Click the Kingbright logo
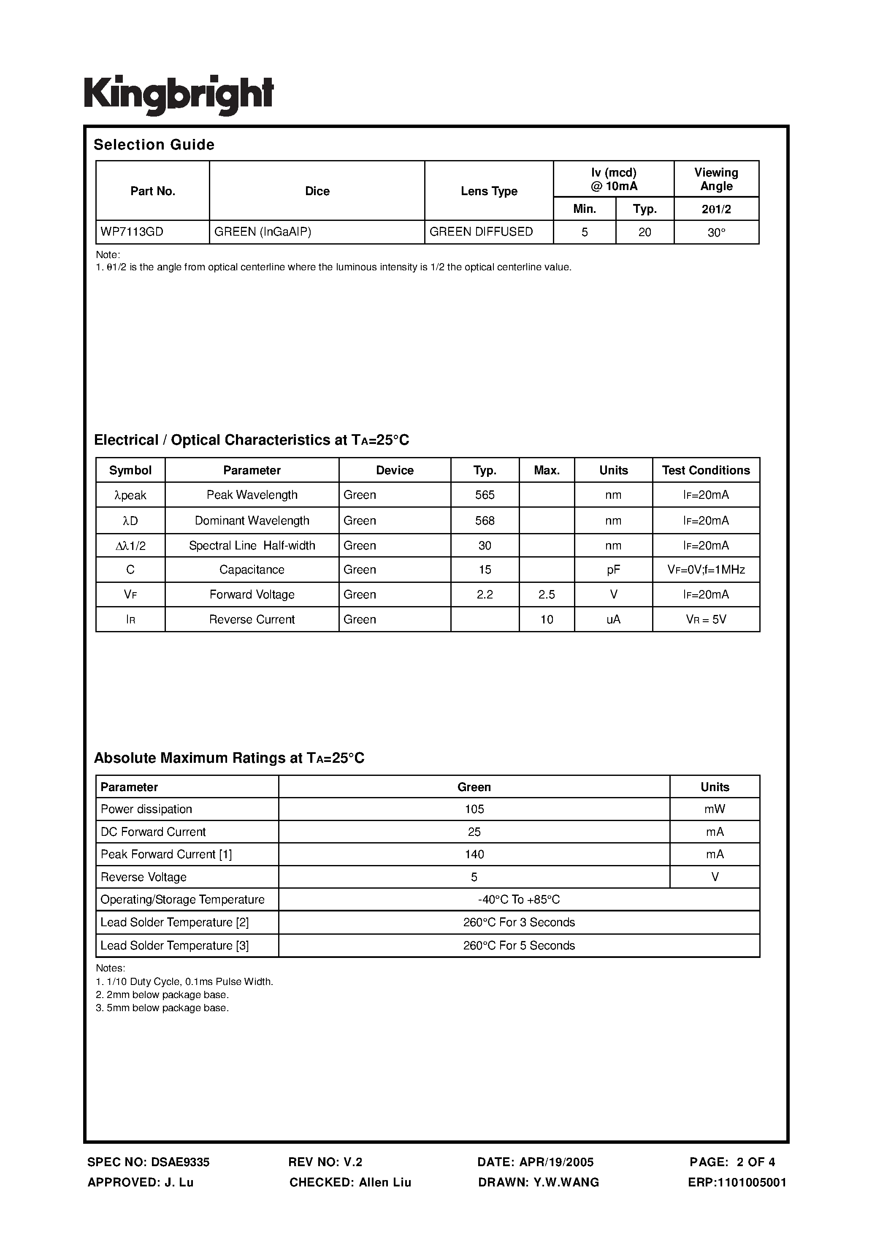coord(179,95)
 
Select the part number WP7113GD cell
coord(132,232)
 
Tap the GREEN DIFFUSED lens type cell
coord(481,232)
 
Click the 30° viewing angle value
coord(716,233)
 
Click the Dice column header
coord(317,191)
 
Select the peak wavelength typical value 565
coord(485,495)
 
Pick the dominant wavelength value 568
coord(485,521)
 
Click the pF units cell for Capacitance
coord(613,570)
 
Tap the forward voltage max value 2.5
coord(546,594)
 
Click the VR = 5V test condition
coord(706,619)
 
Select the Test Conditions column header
coord(706,470)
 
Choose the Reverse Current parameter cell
coord(252,619)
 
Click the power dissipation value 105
coord(474,809)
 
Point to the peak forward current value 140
coord(474,854)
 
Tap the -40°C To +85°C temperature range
coord(519,899)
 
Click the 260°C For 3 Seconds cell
coord(519,922)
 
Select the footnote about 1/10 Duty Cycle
coord(184,982)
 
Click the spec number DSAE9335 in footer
coord(180,1162)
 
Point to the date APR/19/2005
coord(556,1162)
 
